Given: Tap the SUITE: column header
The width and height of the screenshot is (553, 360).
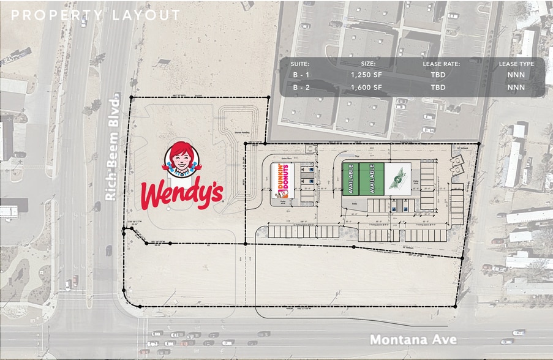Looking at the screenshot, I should click(x=301, y=63).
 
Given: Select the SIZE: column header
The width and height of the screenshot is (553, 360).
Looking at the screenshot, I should click(x=367, y=63).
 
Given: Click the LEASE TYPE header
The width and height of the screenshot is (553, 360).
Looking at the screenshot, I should click(x=515, y=63).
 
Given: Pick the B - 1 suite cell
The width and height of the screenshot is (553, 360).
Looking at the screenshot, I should click(x=301, y=75).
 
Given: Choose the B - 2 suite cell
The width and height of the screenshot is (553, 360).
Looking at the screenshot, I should click(x=301, y=87).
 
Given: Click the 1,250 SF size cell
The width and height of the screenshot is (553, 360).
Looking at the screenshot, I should click(x=367, y=75).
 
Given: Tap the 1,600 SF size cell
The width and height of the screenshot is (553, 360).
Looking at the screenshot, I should click(x=367, y=87).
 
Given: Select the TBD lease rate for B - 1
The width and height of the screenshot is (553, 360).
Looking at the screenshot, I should click(x=438, y=75).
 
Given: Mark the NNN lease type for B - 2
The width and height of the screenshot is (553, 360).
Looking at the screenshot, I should click(x=516, y=87).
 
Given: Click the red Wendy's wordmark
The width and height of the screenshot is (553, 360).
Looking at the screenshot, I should click(x=181, y=195).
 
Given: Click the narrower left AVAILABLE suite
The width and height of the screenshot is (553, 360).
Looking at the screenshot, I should click(x=352, y=179).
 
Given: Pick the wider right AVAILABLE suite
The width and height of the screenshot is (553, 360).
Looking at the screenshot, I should click(x=371, y=179).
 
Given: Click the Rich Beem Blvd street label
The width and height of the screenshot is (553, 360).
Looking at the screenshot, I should click(x=111, y=149).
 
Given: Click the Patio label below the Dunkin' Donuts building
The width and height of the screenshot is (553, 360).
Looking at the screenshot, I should click(x=284, y=202).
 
